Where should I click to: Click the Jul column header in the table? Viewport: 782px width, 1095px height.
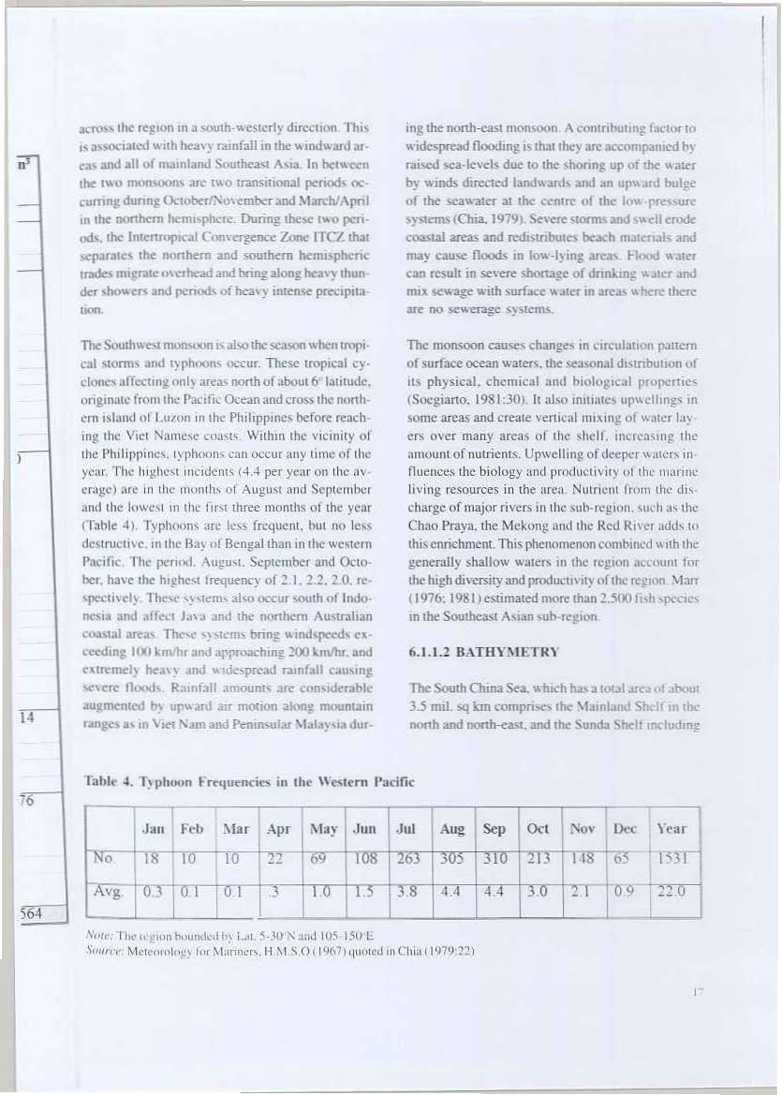point(406,828)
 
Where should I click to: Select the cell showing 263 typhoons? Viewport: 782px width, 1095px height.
point(406,859)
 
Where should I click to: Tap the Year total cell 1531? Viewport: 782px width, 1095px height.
point(671,859)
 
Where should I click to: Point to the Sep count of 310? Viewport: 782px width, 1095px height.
point(494,859)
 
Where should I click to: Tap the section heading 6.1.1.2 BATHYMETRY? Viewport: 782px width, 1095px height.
point(484,652)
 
